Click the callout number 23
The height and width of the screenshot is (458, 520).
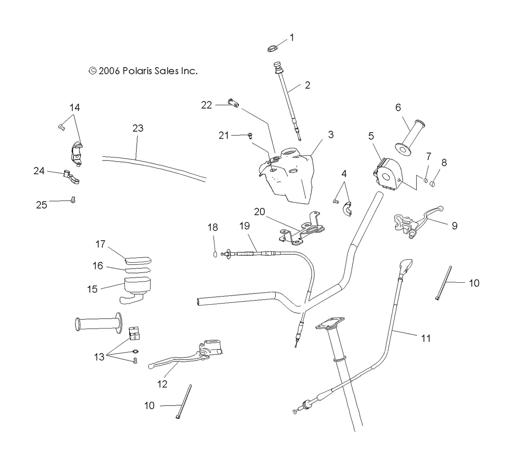(x=138, y=128)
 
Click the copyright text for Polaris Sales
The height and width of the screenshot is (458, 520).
(x=143, y=71)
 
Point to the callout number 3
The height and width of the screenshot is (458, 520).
(x=331, y=134)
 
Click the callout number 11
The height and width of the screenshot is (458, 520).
(x=426, y=338)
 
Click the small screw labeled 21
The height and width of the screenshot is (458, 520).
(x=250, y=136)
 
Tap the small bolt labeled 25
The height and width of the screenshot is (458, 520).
(x=73, y=200)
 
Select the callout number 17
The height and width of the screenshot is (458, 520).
(x=100, y=244)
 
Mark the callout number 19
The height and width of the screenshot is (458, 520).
(x=244, y=225)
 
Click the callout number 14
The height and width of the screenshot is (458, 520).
(x=75, y=107)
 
